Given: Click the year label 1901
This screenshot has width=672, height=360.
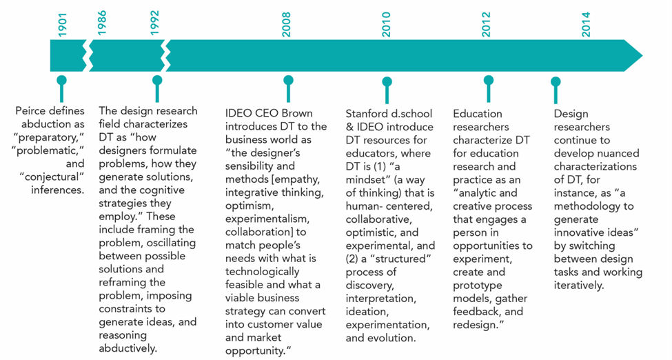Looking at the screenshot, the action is pyautogui.click(x=63, y=25).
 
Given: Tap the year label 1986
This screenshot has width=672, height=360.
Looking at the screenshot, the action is pyautogui.click(x=101, y=23).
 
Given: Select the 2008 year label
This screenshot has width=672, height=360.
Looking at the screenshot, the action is pyautogui.click(x=286, y=24).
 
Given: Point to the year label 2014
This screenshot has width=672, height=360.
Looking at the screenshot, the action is pyautogui.click(x=586, y=24).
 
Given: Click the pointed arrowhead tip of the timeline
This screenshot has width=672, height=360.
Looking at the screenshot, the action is pyautogui.click(x=642, y=56).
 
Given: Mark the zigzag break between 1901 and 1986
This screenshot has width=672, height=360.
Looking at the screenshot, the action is pyautogui.click(x=88, y=56).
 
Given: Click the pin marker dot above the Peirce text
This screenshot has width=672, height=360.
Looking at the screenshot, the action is pyautogui.click(x=62, y=80).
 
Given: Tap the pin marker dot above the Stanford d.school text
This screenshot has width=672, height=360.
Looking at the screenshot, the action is pyautogui.click(x=387, y=81).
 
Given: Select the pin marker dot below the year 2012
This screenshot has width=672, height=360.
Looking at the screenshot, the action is pyautogui.click(x=489, y=80).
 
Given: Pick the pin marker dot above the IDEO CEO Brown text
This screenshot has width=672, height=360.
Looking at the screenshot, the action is pyautogui.click(x=288, y=80).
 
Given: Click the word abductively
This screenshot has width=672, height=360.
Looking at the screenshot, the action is pyautogui.click(x=128, y=348).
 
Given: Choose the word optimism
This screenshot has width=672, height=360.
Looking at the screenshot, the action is pyautogui.click(x=249, y=206).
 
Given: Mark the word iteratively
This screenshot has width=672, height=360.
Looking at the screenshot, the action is pyautogui.click(x=578, y=286).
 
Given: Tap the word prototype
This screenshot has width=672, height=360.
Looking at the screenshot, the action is pyautogui.click(x=478, y=286).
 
